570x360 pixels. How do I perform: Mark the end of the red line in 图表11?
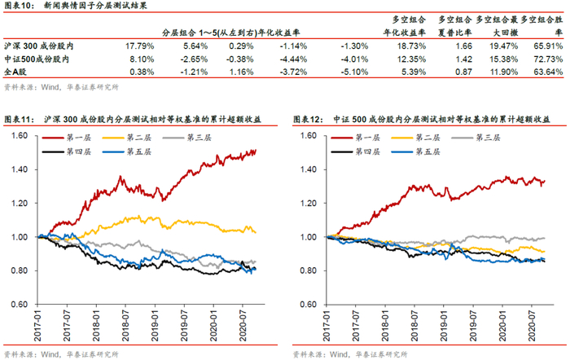[256, 151]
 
